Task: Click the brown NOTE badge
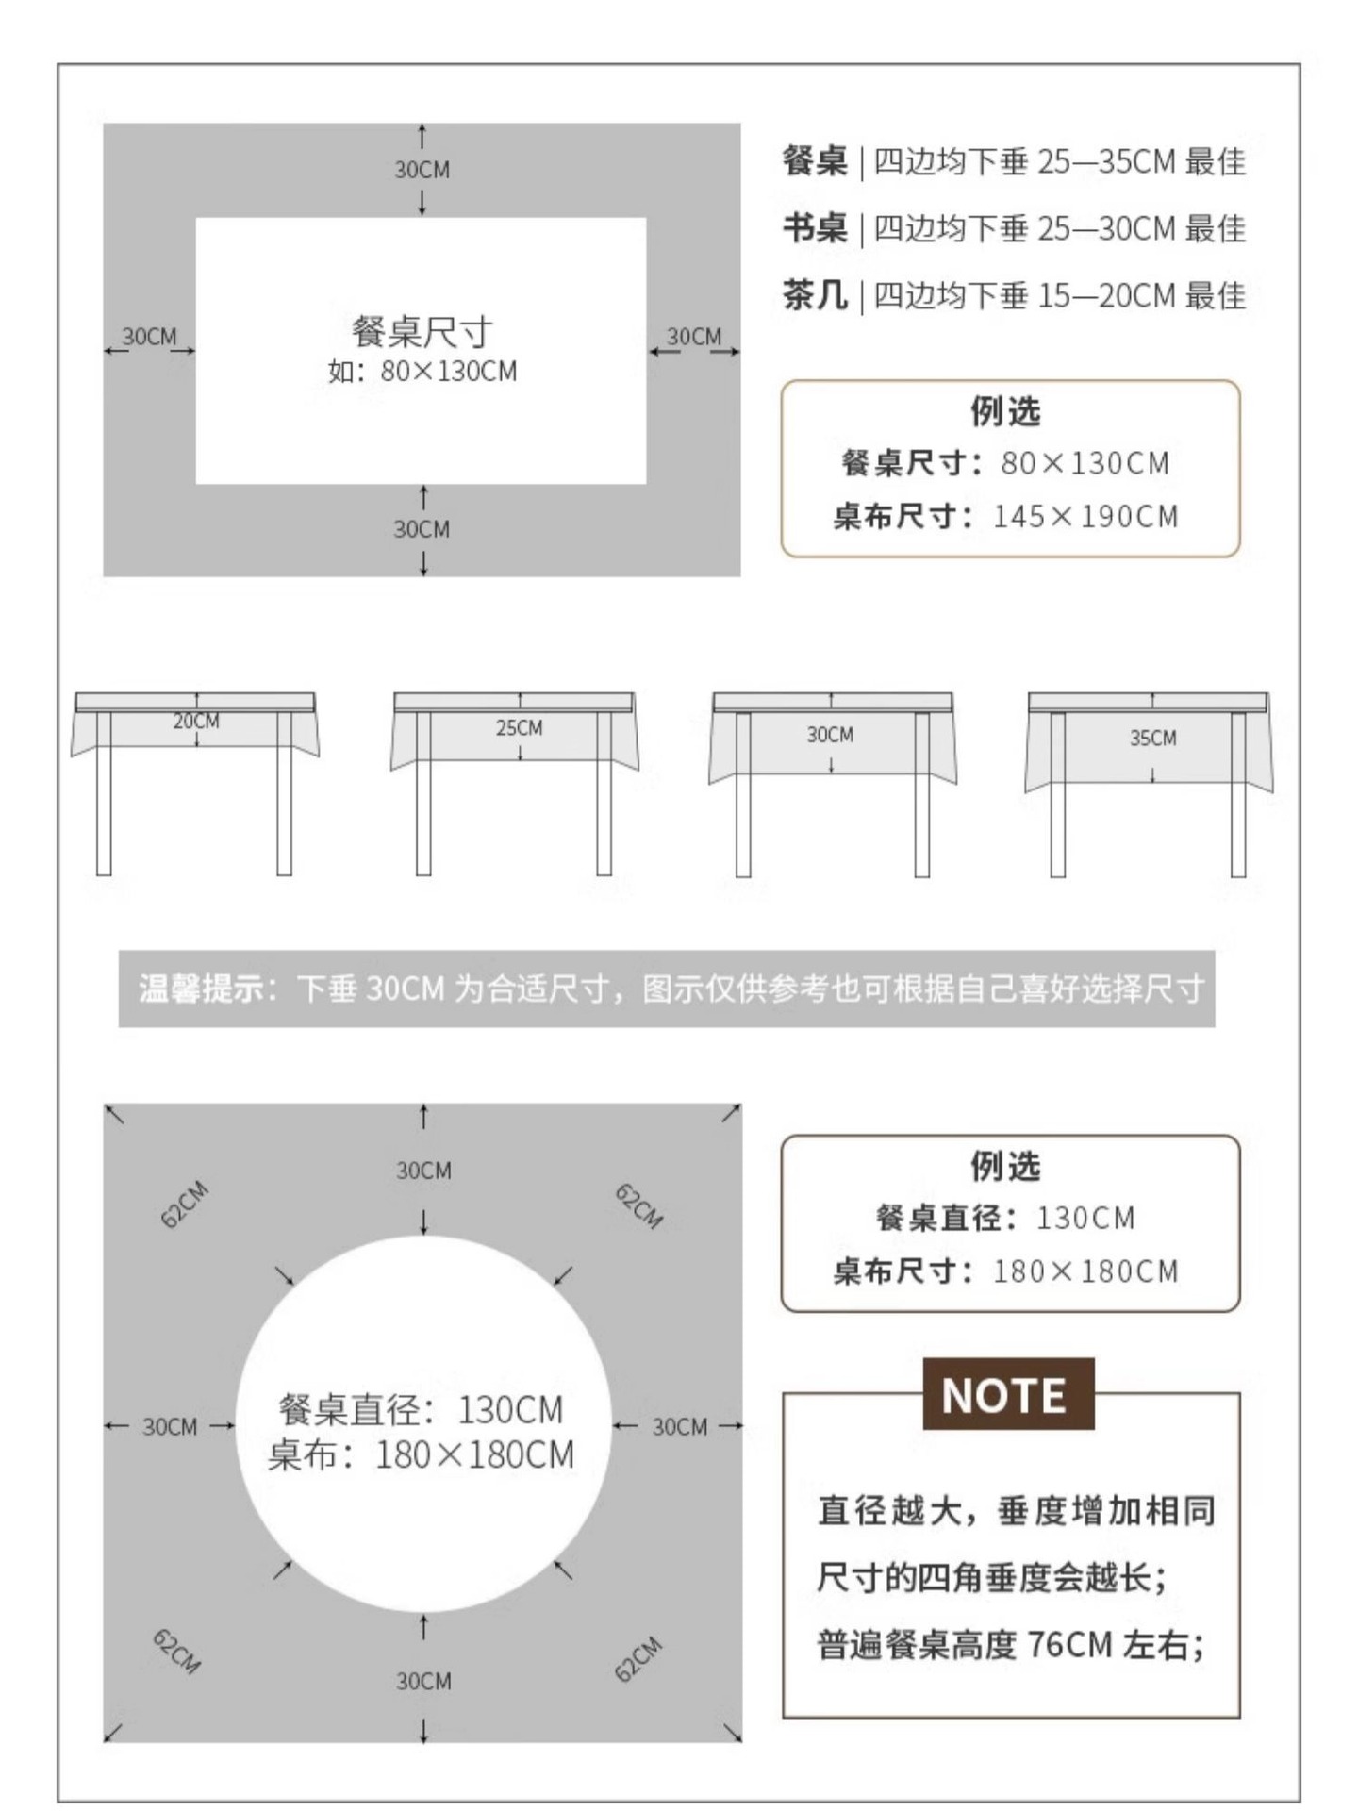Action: pos(1007,1395)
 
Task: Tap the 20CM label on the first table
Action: pos(196,722)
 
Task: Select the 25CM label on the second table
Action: pos(520,728)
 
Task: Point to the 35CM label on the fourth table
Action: pos(1152,739)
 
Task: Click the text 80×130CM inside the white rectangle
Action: pos(449,372)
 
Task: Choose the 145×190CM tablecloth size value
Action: pos(1085,517)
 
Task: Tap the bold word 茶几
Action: pos(815,296)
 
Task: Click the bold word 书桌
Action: pos(815,229)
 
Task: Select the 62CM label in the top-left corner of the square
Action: pos(185,1205)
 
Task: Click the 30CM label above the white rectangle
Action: pos(422,171)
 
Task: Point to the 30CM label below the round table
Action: pos(423,1681)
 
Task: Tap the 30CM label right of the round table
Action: pos(679,1427)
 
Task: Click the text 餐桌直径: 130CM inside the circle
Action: pos(421,1410)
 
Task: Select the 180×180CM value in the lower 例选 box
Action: pos(1085,1271)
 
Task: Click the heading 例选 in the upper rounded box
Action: pos(1005,411)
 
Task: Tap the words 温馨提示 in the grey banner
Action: pos(201,989)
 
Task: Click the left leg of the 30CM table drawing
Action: pos(743,794)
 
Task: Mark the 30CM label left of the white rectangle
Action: pos(149,338)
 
